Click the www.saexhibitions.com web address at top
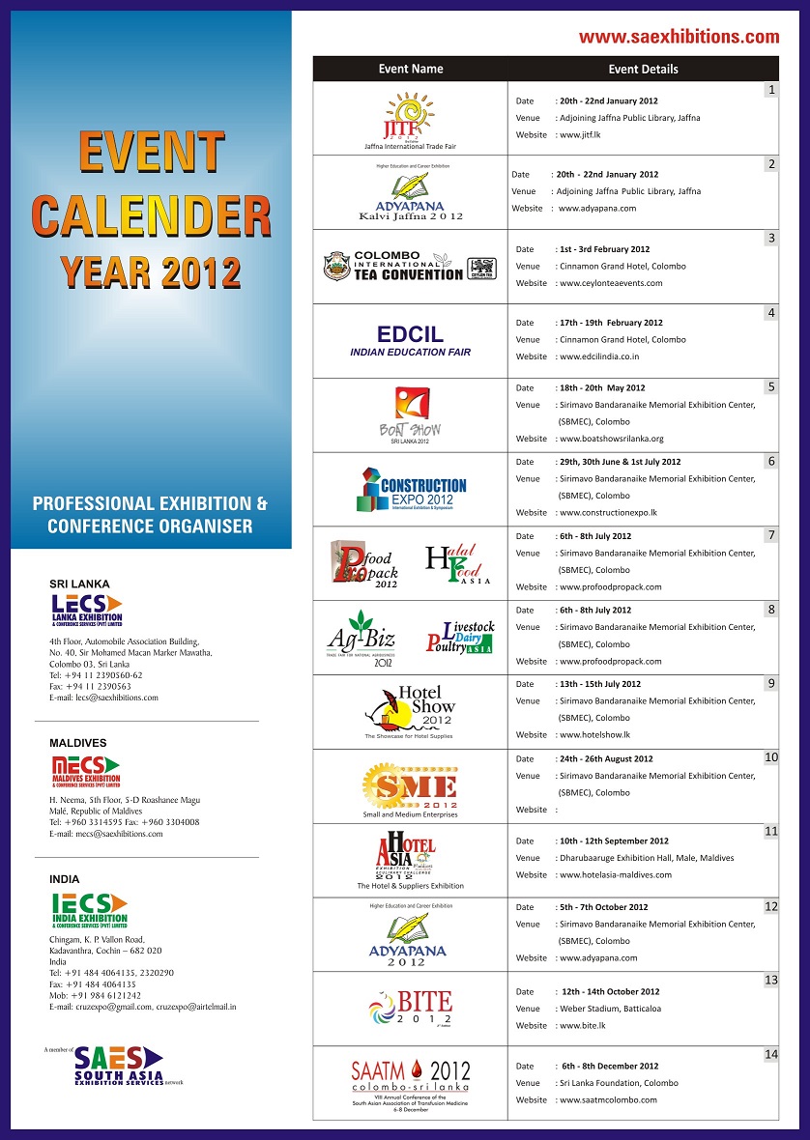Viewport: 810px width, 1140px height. pos(679,38)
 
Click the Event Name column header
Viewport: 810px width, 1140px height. pos(410,69)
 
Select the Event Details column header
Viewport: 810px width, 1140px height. pos(643,69)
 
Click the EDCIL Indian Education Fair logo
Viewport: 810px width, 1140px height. pos(410,339)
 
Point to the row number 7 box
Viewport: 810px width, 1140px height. pos(770,534)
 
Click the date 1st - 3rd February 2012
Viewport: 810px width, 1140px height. pos(604,249)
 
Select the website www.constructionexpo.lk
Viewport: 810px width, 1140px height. pos(608,512)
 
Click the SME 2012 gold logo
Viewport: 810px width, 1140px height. pos(410,784)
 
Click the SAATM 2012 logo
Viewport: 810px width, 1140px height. pos(410,1080)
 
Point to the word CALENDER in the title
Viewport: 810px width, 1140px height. pos(151,214)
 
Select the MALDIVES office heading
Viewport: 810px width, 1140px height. pos(78,743)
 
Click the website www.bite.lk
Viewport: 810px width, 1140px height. pos(583,1025)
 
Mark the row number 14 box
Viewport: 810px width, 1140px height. pos(770,1054)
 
